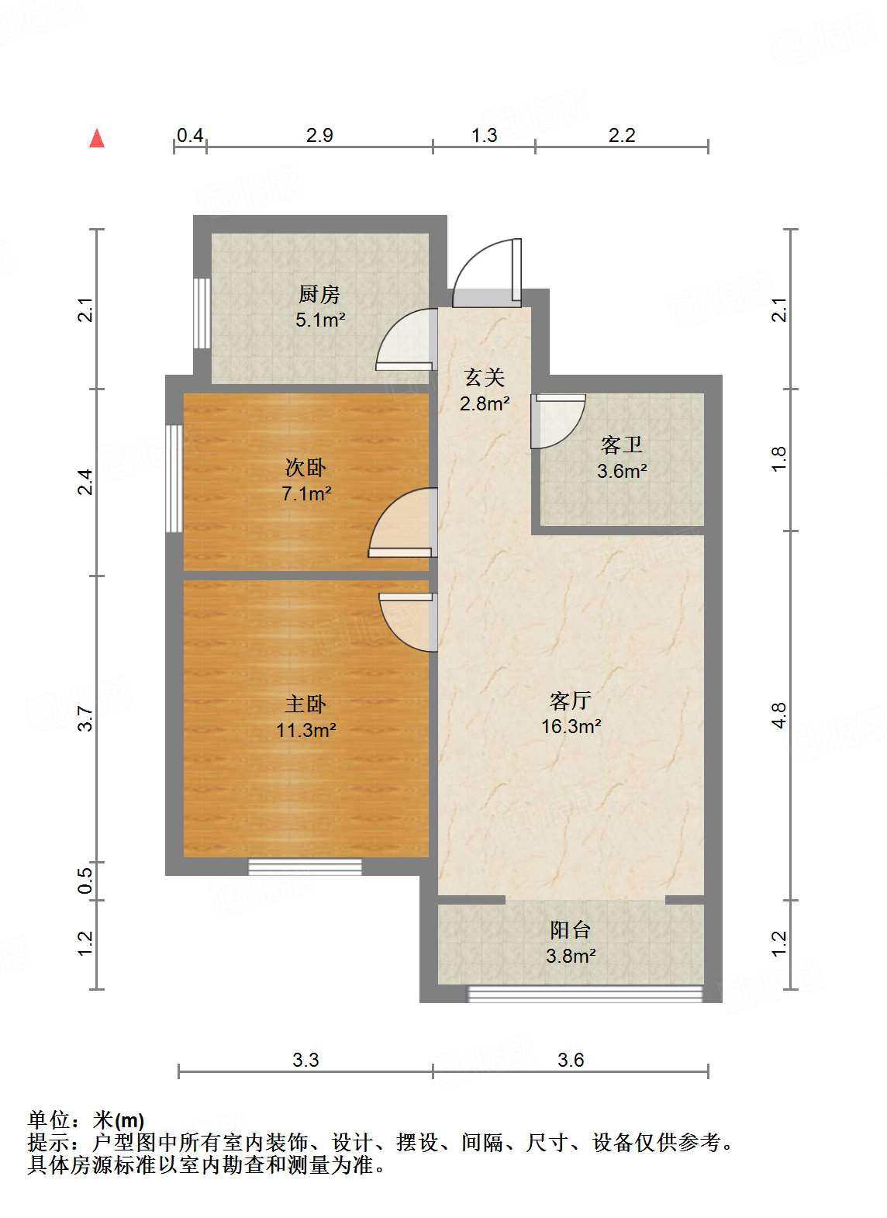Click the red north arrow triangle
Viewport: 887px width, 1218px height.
pos(97,138)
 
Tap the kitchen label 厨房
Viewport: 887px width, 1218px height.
pos(319,294)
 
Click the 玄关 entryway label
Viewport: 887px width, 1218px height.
pos(485,378)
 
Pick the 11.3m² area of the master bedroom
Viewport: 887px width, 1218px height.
pos(305,729)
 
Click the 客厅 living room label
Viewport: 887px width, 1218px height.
pos(571,701)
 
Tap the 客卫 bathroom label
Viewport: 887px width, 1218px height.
pos(622,445)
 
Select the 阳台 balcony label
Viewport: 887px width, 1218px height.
pos(571,929)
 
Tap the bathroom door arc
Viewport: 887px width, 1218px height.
pos(557,420)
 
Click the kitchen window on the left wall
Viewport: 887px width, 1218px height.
pos(202,313)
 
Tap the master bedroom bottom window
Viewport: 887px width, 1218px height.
pos(305,867)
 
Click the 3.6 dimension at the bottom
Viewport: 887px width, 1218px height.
pos(571,1060)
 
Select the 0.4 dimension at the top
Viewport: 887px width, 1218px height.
pos(190,136)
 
